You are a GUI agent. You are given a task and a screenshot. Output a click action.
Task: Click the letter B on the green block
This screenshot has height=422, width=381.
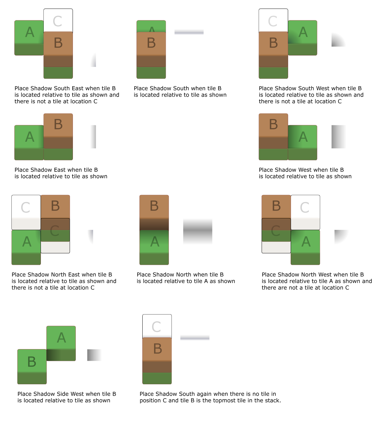(x=32, y=362)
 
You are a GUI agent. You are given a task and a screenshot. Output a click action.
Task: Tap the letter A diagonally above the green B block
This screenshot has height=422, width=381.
(x=61, y=338)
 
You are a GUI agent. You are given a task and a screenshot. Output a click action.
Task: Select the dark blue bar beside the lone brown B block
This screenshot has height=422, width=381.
(x=195, y=339)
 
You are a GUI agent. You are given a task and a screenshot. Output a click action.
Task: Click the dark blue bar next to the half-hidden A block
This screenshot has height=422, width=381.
(x=189, y=33)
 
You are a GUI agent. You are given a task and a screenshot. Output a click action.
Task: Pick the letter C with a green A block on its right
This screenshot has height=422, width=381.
(x=275, y=231)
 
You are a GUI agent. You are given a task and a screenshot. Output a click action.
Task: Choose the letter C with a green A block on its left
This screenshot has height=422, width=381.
(x=55, y=231)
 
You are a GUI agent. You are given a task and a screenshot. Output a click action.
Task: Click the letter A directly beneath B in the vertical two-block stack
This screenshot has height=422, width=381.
(x=154, y=242)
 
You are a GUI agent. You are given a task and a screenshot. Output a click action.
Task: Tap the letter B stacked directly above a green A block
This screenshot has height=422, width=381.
(x=154, y=206)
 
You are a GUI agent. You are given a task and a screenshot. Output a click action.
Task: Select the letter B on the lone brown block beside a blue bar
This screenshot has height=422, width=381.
(x=157, y=349)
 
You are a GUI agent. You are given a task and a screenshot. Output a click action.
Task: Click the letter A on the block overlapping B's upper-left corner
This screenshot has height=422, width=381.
(x=29, y=32)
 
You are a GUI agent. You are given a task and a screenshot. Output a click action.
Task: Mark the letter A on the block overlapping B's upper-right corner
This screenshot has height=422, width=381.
(x=303, y=32)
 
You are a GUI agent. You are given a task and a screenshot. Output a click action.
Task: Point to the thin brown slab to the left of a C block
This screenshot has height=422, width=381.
(x=26, y=224)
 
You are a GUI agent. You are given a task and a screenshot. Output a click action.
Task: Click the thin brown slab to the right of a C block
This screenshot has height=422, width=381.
(x=305, y=224)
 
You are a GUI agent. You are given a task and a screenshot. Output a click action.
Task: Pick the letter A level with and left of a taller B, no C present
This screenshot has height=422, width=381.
(x=29, y=137)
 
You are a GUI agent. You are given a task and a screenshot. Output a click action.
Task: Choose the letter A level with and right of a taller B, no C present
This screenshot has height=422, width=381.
(x=303, y=137)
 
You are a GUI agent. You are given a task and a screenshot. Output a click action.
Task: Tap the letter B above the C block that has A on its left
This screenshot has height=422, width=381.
(x=55, y=206)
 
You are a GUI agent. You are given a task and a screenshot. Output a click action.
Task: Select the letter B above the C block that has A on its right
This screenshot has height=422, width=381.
(x=276, y=206)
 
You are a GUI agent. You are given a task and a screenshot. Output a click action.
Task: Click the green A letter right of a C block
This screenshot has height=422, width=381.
(x=306, y=242)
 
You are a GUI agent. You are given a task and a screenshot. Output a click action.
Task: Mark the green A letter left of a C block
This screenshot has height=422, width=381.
(x=27, y=242)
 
